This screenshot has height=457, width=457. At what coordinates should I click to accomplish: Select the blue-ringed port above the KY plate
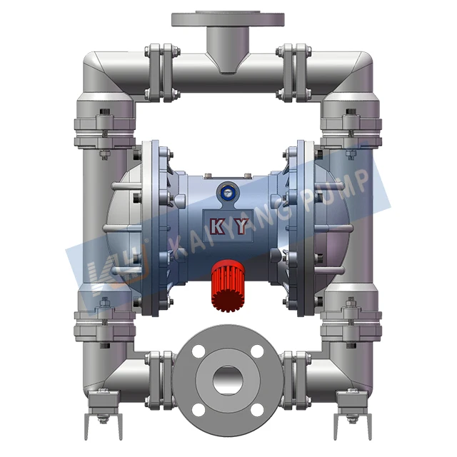click(228, 190)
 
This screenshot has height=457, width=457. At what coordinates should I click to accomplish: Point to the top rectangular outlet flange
click(228, 19)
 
